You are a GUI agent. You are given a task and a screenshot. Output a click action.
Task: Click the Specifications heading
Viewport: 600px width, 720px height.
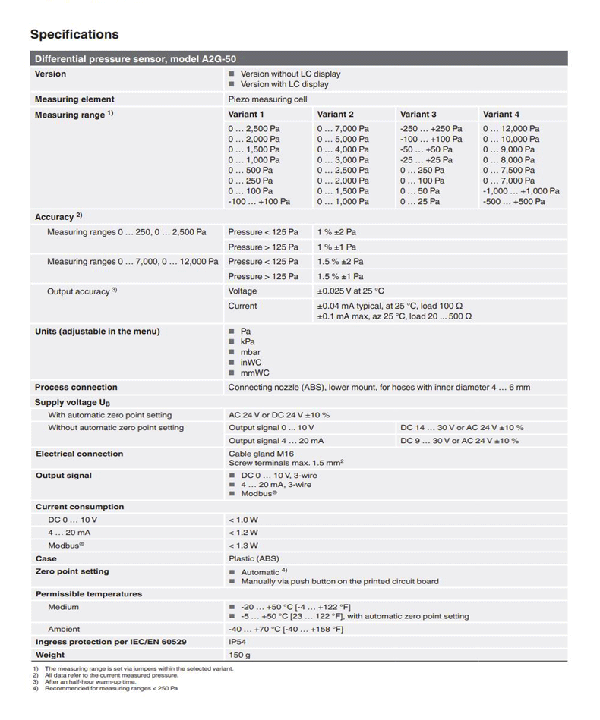[74, 34]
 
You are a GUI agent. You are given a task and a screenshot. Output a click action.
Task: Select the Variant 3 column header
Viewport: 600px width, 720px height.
[418, 114]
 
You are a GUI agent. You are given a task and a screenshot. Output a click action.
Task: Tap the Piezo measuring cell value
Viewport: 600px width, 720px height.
[267, 99]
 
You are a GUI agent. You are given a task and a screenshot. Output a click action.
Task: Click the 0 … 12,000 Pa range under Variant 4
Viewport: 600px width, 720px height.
[511, 129]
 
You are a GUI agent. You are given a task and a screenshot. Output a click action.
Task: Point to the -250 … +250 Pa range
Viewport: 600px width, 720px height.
[431, 129]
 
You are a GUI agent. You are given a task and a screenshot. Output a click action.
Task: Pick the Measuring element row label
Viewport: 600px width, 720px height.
[74, 99]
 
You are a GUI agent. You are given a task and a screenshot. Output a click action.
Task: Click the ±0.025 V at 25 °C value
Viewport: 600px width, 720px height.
[350, 291]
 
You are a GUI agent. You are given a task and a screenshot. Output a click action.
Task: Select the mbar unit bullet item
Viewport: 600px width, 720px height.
[250, 352]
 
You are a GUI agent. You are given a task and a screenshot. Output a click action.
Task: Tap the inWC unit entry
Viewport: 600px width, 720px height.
[251, 363]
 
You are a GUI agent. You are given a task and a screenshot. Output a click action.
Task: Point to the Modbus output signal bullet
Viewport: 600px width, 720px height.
[258, 494]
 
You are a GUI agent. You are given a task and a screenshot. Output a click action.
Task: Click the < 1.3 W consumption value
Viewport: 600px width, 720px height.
[243, 546]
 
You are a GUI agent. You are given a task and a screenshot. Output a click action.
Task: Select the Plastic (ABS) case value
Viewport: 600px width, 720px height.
[254, 558]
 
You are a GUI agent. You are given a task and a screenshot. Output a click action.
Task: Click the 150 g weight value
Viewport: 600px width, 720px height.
[239, 655]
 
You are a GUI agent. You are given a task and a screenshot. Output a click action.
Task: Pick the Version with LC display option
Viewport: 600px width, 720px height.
[284, 84]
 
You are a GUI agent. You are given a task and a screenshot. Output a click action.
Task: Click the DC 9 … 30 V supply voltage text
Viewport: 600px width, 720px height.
[459, 441]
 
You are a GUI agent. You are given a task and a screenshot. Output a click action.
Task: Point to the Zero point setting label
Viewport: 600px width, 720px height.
[72, 571]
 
